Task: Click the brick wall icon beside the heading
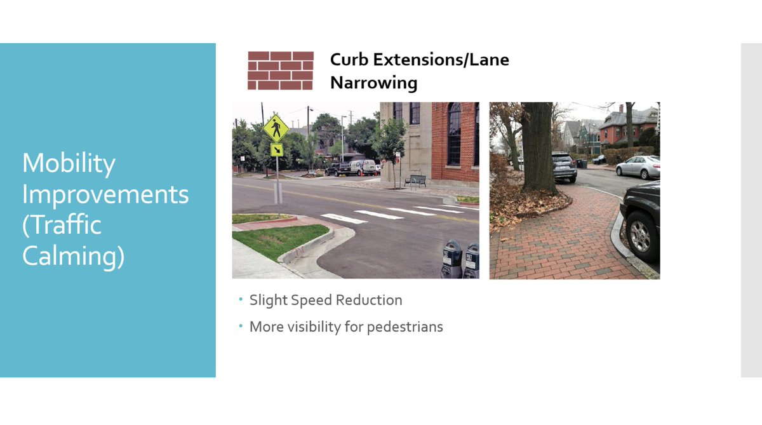(x=280, y=71)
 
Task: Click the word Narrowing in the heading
(x=373, y=83)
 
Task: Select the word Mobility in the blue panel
(x=69, y=164)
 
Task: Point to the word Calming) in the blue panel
(x=73, y=257)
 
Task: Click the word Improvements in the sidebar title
(x=105, y=194)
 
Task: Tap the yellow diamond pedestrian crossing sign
(x=276, y=128)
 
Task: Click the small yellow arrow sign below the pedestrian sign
(x=277, y=150)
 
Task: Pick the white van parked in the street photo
(x=364, y=167)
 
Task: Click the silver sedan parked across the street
(x=637, y=166)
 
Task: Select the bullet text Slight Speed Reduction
(x=326, y=300)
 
